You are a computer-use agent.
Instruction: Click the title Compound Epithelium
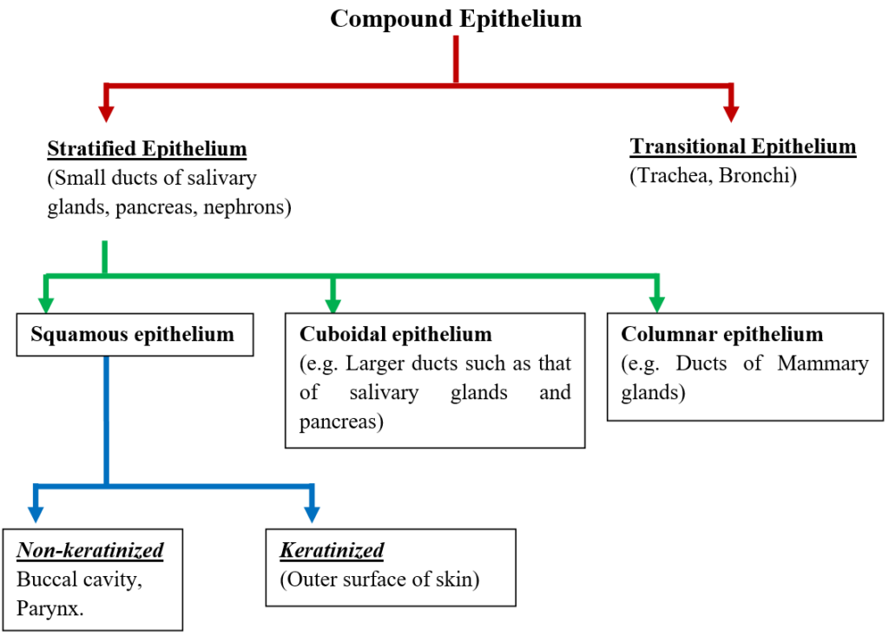456,19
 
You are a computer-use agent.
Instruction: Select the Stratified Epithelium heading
147,148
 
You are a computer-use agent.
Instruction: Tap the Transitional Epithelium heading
743,147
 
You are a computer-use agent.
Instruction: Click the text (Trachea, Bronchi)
713,174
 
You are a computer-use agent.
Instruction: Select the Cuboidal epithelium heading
395,334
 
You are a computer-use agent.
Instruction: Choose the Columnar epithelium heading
721,334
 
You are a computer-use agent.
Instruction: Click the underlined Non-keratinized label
90,550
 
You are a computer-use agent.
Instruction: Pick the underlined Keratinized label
332,550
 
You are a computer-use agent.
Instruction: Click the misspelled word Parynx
50,608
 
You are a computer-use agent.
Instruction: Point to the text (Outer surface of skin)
379,579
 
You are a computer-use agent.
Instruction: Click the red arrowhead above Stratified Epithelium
107,112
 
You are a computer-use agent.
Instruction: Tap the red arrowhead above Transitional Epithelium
731,112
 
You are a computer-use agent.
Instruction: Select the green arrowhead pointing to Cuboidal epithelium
333,304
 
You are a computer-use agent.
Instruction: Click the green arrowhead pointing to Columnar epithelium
656,304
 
